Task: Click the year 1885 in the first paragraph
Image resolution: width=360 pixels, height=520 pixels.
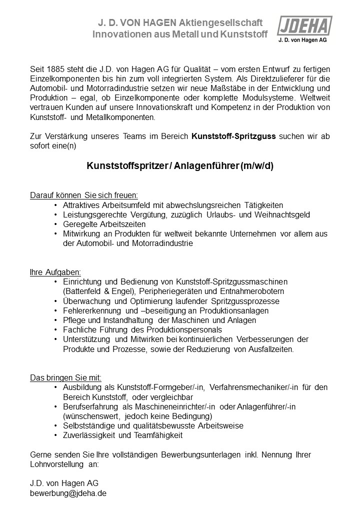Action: (54, 68)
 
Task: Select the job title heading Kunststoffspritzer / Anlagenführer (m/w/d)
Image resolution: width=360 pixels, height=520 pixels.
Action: (180, 166)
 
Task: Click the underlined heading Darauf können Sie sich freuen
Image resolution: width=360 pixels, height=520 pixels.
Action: (84, 195)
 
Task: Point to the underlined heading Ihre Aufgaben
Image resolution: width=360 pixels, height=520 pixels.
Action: (55, 272)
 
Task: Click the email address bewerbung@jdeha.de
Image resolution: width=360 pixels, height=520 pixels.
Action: (68, 492)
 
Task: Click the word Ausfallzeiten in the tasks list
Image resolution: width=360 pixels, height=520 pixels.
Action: (268, 349)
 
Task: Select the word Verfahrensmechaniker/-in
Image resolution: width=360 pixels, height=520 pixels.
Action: (250, 387)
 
